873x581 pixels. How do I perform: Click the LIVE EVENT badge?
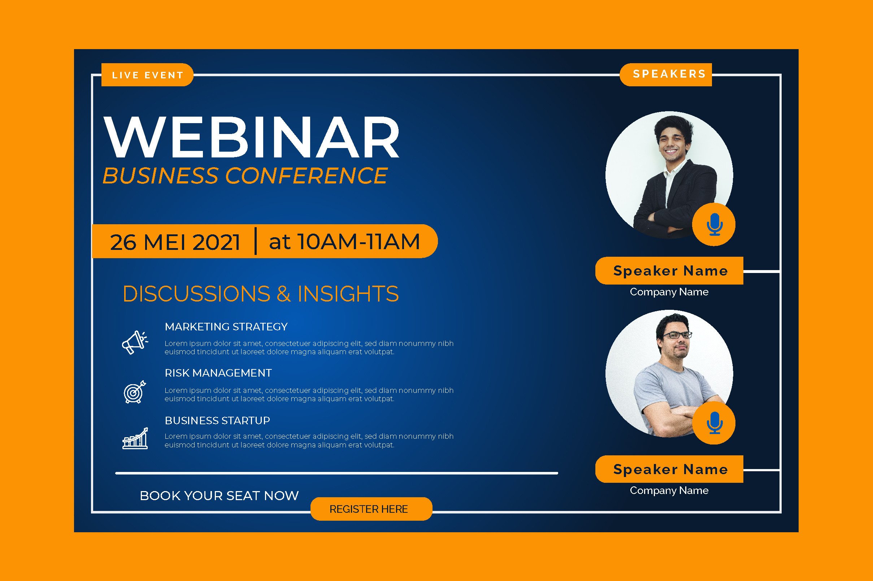click(147, 75)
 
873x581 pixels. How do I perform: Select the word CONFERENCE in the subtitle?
click(306, 175)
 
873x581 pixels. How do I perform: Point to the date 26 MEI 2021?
click(175, 242)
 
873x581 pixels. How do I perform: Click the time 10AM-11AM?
click(359, 242)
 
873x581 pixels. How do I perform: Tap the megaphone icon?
click(135, 342)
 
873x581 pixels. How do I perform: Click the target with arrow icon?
click(135, 392)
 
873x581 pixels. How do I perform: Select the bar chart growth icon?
click(135, 438)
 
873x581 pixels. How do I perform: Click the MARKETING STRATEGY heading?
click(226, 326)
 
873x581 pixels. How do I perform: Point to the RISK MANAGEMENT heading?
click(218, 373)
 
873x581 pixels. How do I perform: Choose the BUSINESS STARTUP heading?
click(217, 420)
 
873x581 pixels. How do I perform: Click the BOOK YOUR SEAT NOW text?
click(219, 495)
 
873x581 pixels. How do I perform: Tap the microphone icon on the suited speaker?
click(714, 225)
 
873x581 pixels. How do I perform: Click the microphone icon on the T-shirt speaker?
click(714, 423)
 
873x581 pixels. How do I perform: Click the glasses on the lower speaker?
click(677, 335)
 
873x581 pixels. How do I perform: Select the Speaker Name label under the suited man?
click(670, 271)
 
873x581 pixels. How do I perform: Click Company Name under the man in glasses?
click(669, 491)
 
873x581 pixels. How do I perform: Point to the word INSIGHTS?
click(348, 294)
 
